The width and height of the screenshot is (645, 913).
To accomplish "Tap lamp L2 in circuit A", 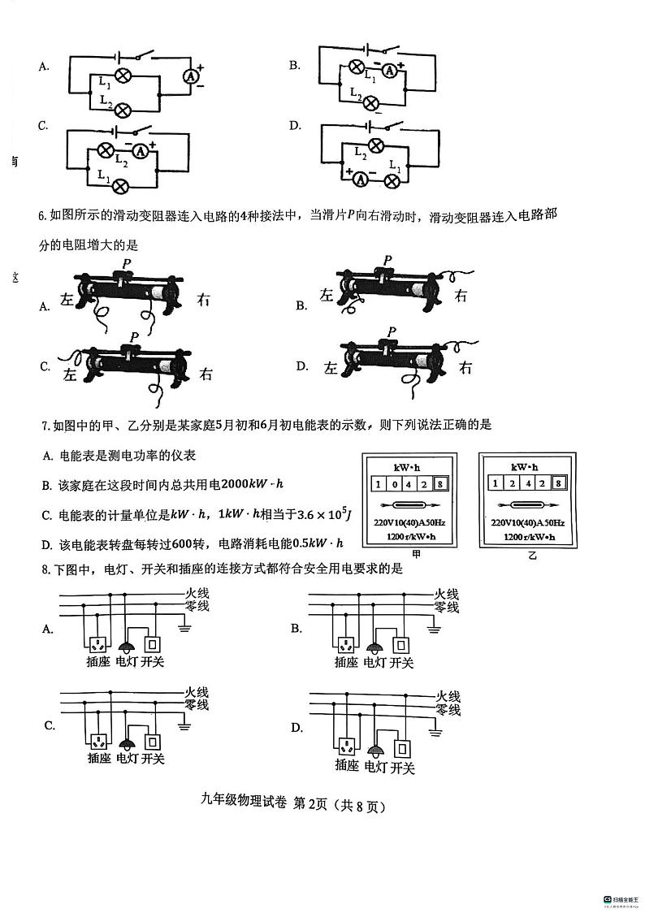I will (123, 110).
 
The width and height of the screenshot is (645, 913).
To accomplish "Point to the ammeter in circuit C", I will (141, 151).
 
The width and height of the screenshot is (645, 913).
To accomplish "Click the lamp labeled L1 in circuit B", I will (356, 67).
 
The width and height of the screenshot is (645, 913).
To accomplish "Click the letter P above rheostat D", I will (392, 331).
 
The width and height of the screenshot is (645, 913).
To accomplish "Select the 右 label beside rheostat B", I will (461, 296).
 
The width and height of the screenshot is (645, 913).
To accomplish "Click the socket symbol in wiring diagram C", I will (98, 741).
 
